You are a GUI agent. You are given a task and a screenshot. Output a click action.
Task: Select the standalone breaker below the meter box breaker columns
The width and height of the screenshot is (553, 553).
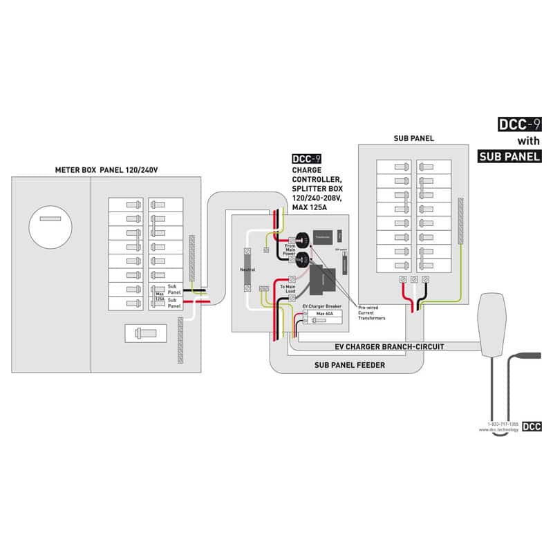pos(144,333)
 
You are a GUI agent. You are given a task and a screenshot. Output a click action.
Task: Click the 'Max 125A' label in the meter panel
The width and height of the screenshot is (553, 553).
pos(160,297)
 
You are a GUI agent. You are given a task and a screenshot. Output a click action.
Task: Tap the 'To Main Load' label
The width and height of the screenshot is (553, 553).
pos(288,290)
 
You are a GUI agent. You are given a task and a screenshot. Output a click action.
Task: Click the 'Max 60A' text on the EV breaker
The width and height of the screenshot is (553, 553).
pos(325,314)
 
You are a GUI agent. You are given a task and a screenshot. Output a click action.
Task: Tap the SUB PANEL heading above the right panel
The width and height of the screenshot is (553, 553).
pos(413,138)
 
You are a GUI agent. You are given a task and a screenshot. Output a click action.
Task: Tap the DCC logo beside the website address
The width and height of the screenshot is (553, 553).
pos(532,426)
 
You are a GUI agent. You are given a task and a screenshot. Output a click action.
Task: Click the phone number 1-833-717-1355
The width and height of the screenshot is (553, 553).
pos(503,423)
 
